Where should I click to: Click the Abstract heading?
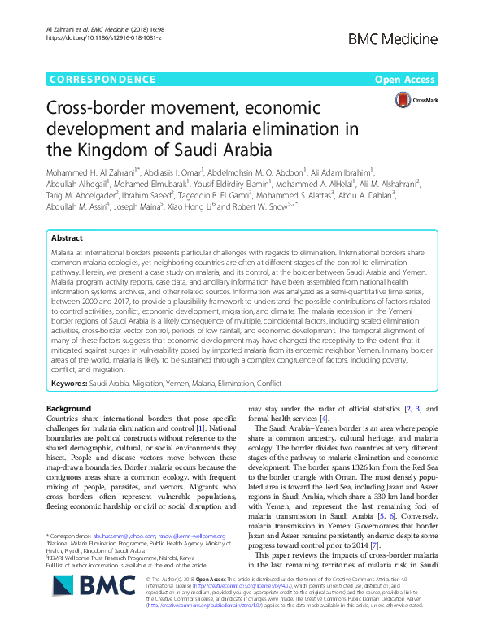pyautogui.click(x=67, y=239)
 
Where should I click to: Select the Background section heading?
pyautogui.click(x=69, y=407)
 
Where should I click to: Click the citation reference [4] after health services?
pyautogui.click(x=324, y=418)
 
